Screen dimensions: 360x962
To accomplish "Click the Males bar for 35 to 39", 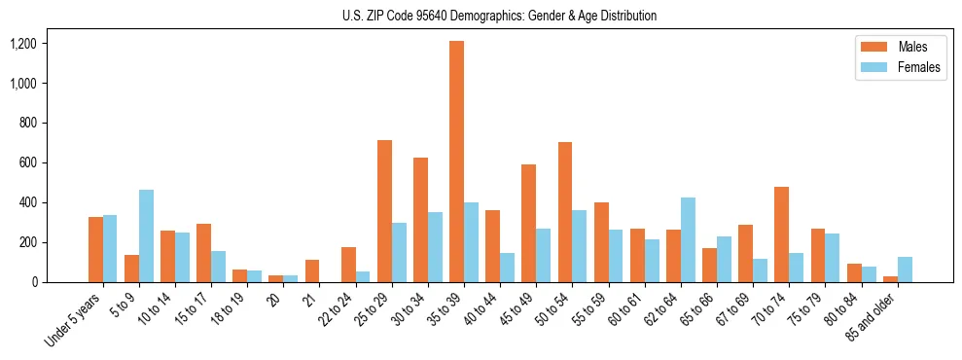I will pos(456,162).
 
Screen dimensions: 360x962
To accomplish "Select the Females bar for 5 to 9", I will pos(146,235).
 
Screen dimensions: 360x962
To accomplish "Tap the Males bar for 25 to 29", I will pos(384,211).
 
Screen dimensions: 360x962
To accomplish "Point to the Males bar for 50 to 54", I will pos(565,212).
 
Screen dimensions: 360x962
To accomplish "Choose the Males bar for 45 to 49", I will pos(528,223).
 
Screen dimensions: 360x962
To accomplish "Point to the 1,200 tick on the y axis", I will pos(22,44).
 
